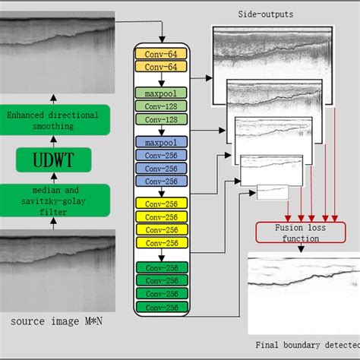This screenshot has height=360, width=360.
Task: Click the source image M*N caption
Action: pyautogui.click(x=57, y=323)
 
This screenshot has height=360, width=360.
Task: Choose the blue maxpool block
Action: pyautogui.click(x=160, y=142)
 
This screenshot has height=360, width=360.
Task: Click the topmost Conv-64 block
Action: pyautogui.click(x=160, y=54)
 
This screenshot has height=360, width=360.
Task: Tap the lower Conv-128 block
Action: pyautogui.click(x=160, y=119)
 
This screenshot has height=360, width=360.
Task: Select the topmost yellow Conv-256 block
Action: pyautogui.click(x=160, y=204)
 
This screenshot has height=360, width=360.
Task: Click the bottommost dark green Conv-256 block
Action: pyautogui.click(x=160, y=308)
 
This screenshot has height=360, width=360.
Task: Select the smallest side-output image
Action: pyautogui.click(x=272, y=192)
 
